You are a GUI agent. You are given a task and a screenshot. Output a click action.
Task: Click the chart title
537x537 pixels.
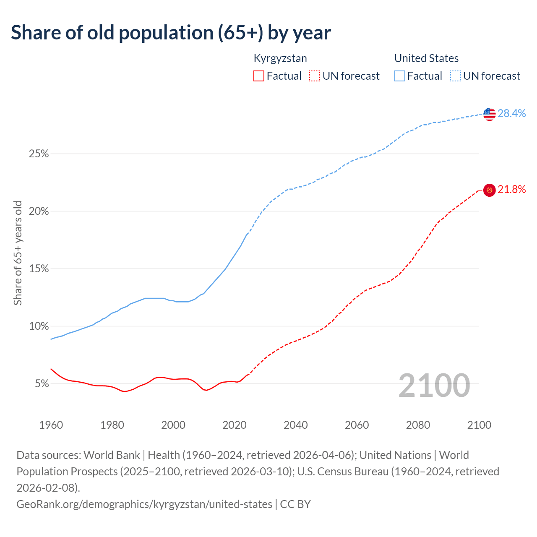click(x=171, y=33)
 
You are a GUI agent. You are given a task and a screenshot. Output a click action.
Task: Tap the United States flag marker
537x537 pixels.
click(x=489, y=114)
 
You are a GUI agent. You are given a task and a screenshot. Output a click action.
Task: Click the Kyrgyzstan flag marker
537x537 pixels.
click(x=489, y=190)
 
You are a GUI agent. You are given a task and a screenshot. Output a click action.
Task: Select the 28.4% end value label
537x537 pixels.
click(x=512, y=113)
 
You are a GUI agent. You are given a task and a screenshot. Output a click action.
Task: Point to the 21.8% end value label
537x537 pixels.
click(x=512, y=190)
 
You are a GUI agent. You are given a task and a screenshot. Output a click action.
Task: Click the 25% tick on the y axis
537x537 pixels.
click(x=39, y=154)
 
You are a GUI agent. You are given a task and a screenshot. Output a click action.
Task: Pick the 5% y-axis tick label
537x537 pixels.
click(x=42, y=384)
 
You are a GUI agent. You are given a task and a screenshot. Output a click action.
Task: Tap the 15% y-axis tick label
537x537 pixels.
click(x=39, y=269)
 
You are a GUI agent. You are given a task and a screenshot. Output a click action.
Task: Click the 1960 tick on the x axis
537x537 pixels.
click(x=51, y=425)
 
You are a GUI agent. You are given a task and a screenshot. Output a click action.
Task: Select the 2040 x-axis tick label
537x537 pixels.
click(x=296, y=425)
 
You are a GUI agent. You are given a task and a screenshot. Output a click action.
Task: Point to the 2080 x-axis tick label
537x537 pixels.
click(x=418, y=425)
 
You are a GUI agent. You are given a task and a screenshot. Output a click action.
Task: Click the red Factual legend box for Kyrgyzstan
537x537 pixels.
click(x=259, y=76)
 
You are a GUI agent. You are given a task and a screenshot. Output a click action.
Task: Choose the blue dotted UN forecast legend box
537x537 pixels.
click(x=456, y=76)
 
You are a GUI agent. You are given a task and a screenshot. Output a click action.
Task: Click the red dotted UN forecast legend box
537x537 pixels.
click(x=315, y=76)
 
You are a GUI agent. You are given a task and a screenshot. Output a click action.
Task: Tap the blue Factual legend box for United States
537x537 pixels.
click(x=400, y=76)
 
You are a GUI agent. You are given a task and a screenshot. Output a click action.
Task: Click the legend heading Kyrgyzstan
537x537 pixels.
click(x=280, y=58)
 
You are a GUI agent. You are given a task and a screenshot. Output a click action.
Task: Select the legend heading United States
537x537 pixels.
click(x=426, y=58)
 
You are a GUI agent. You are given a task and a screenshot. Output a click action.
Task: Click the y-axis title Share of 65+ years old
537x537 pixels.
click(x=18, y=253)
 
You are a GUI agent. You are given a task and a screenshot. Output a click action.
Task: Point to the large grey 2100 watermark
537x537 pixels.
click(x=434, y=386)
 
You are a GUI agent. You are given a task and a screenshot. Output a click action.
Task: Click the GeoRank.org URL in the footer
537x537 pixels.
click(x=144, y=504)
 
